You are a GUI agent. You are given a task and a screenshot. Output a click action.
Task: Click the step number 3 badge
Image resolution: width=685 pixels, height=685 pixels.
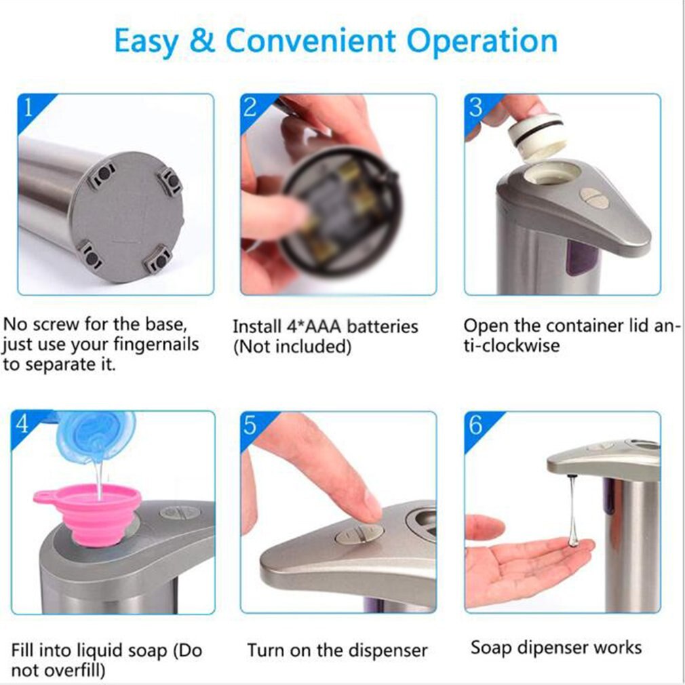pos(475,107)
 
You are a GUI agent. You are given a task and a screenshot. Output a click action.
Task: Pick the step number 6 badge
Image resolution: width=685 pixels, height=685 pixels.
pos(475,425)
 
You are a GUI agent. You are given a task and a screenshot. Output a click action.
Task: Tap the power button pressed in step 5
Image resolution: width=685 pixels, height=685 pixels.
pos(359,535)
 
